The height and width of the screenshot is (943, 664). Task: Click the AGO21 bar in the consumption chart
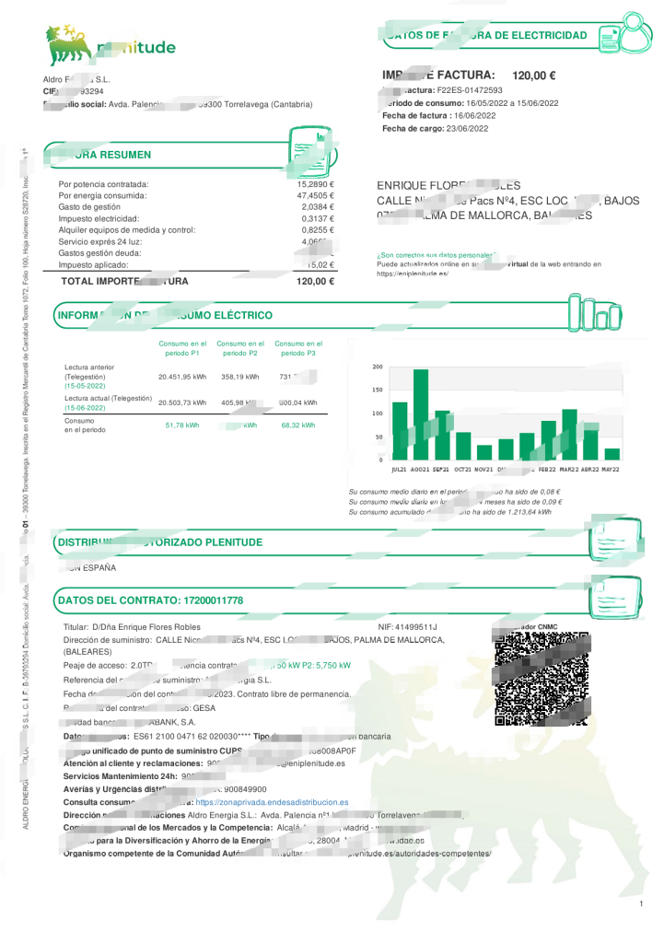point(421,414)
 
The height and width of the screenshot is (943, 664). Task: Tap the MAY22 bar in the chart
point(612,454)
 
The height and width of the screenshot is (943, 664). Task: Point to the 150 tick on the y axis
point(378,390)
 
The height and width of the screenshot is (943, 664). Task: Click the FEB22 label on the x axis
point(549,470)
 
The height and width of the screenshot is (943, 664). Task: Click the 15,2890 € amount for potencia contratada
point(315,185)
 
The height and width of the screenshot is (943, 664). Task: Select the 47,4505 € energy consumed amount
point(315,196)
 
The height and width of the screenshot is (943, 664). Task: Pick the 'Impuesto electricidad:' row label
point(98,218)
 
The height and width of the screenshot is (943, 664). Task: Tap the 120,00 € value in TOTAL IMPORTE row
point(315,281)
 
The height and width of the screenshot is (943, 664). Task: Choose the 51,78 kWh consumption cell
point(181,425)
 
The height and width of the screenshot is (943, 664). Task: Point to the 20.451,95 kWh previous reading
point(181,377)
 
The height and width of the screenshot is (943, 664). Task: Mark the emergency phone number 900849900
point(245,789)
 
